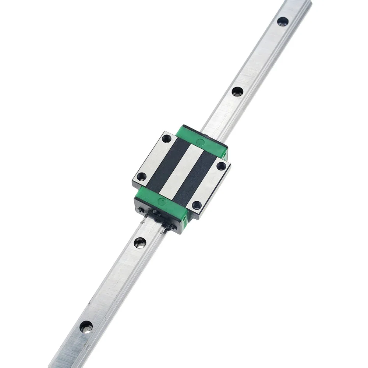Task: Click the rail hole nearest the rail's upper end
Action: point(283,21)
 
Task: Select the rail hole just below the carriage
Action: point(140,242)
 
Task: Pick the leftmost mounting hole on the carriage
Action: point(140,176)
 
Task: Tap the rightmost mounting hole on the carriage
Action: point(221,166)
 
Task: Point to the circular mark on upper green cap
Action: point(201,141)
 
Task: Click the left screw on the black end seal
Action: point(141,210)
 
